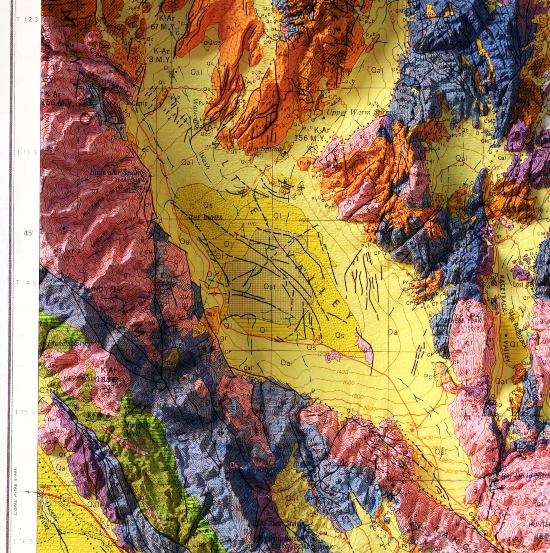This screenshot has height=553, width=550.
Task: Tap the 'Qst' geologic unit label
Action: (268, 286)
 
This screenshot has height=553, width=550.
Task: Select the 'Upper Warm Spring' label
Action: (356, 112)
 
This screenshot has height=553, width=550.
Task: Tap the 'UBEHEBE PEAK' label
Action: (461, 321)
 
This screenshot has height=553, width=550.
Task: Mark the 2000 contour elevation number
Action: (369, 408)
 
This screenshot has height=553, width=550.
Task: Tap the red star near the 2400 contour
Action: (412, 430)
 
